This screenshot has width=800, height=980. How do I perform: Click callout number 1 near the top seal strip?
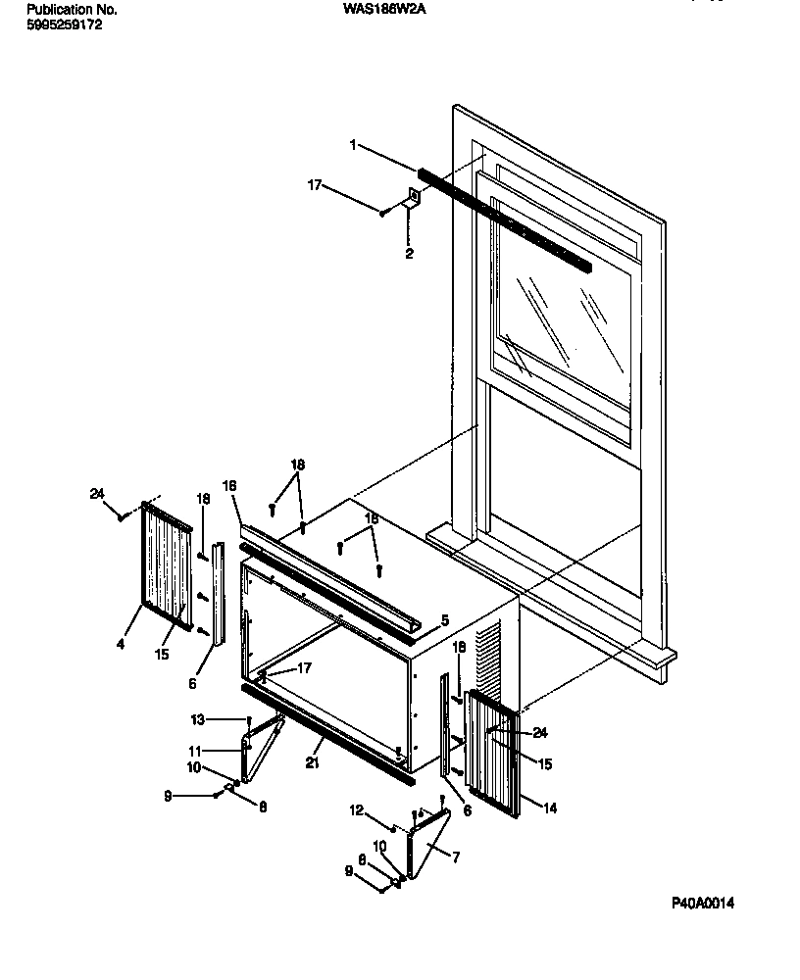[352, 145]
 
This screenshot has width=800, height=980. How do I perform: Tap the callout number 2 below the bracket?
[410, 254]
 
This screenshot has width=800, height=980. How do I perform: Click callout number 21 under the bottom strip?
[315, 761]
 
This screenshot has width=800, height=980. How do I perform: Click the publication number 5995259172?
[63, 24]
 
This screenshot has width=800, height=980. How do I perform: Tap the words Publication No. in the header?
[72, 9]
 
